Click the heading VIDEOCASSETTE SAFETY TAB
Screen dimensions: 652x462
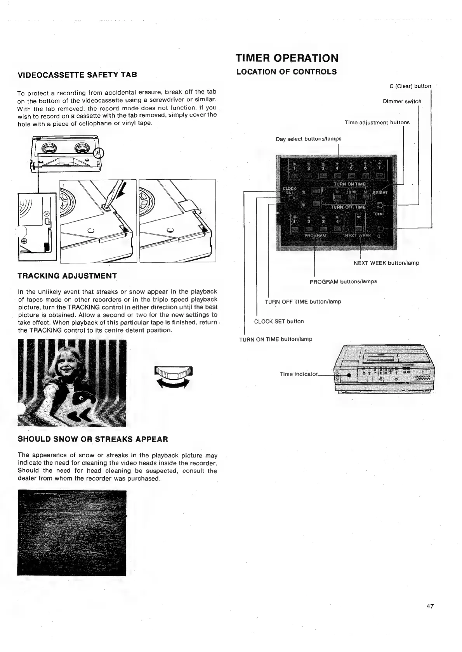(x=77, y=75)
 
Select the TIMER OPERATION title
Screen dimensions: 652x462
(x=287, y=58)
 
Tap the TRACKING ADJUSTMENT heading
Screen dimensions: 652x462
(x=67, y=276)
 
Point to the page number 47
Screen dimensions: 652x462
(x=430, y=606)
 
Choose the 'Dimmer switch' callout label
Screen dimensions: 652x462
(x=402, y=102)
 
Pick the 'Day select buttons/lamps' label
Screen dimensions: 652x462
(x=308, y=139)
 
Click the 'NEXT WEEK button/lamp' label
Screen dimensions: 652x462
(x=386, y=263)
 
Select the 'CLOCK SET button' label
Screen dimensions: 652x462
(x=279, y=321)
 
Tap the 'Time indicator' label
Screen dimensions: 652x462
(x=299, y=374)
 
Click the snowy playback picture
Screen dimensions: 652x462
(x=72, y=533)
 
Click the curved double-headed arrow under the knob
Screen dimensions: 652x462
(x=174, y=385)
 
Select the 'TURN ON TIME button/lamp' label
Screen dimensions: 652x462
(x=276, y=339)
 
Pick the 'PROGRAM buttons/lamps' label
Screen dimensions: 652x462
(x=343, y=281)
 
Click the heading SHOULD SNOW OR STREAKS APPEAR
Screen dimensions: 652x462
(x=93, y=439)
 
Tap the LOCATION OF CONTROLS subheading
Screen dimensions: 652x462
(x=286, y=72)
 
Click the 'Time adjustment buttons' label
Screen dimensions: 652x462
(x=377, y=123)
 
